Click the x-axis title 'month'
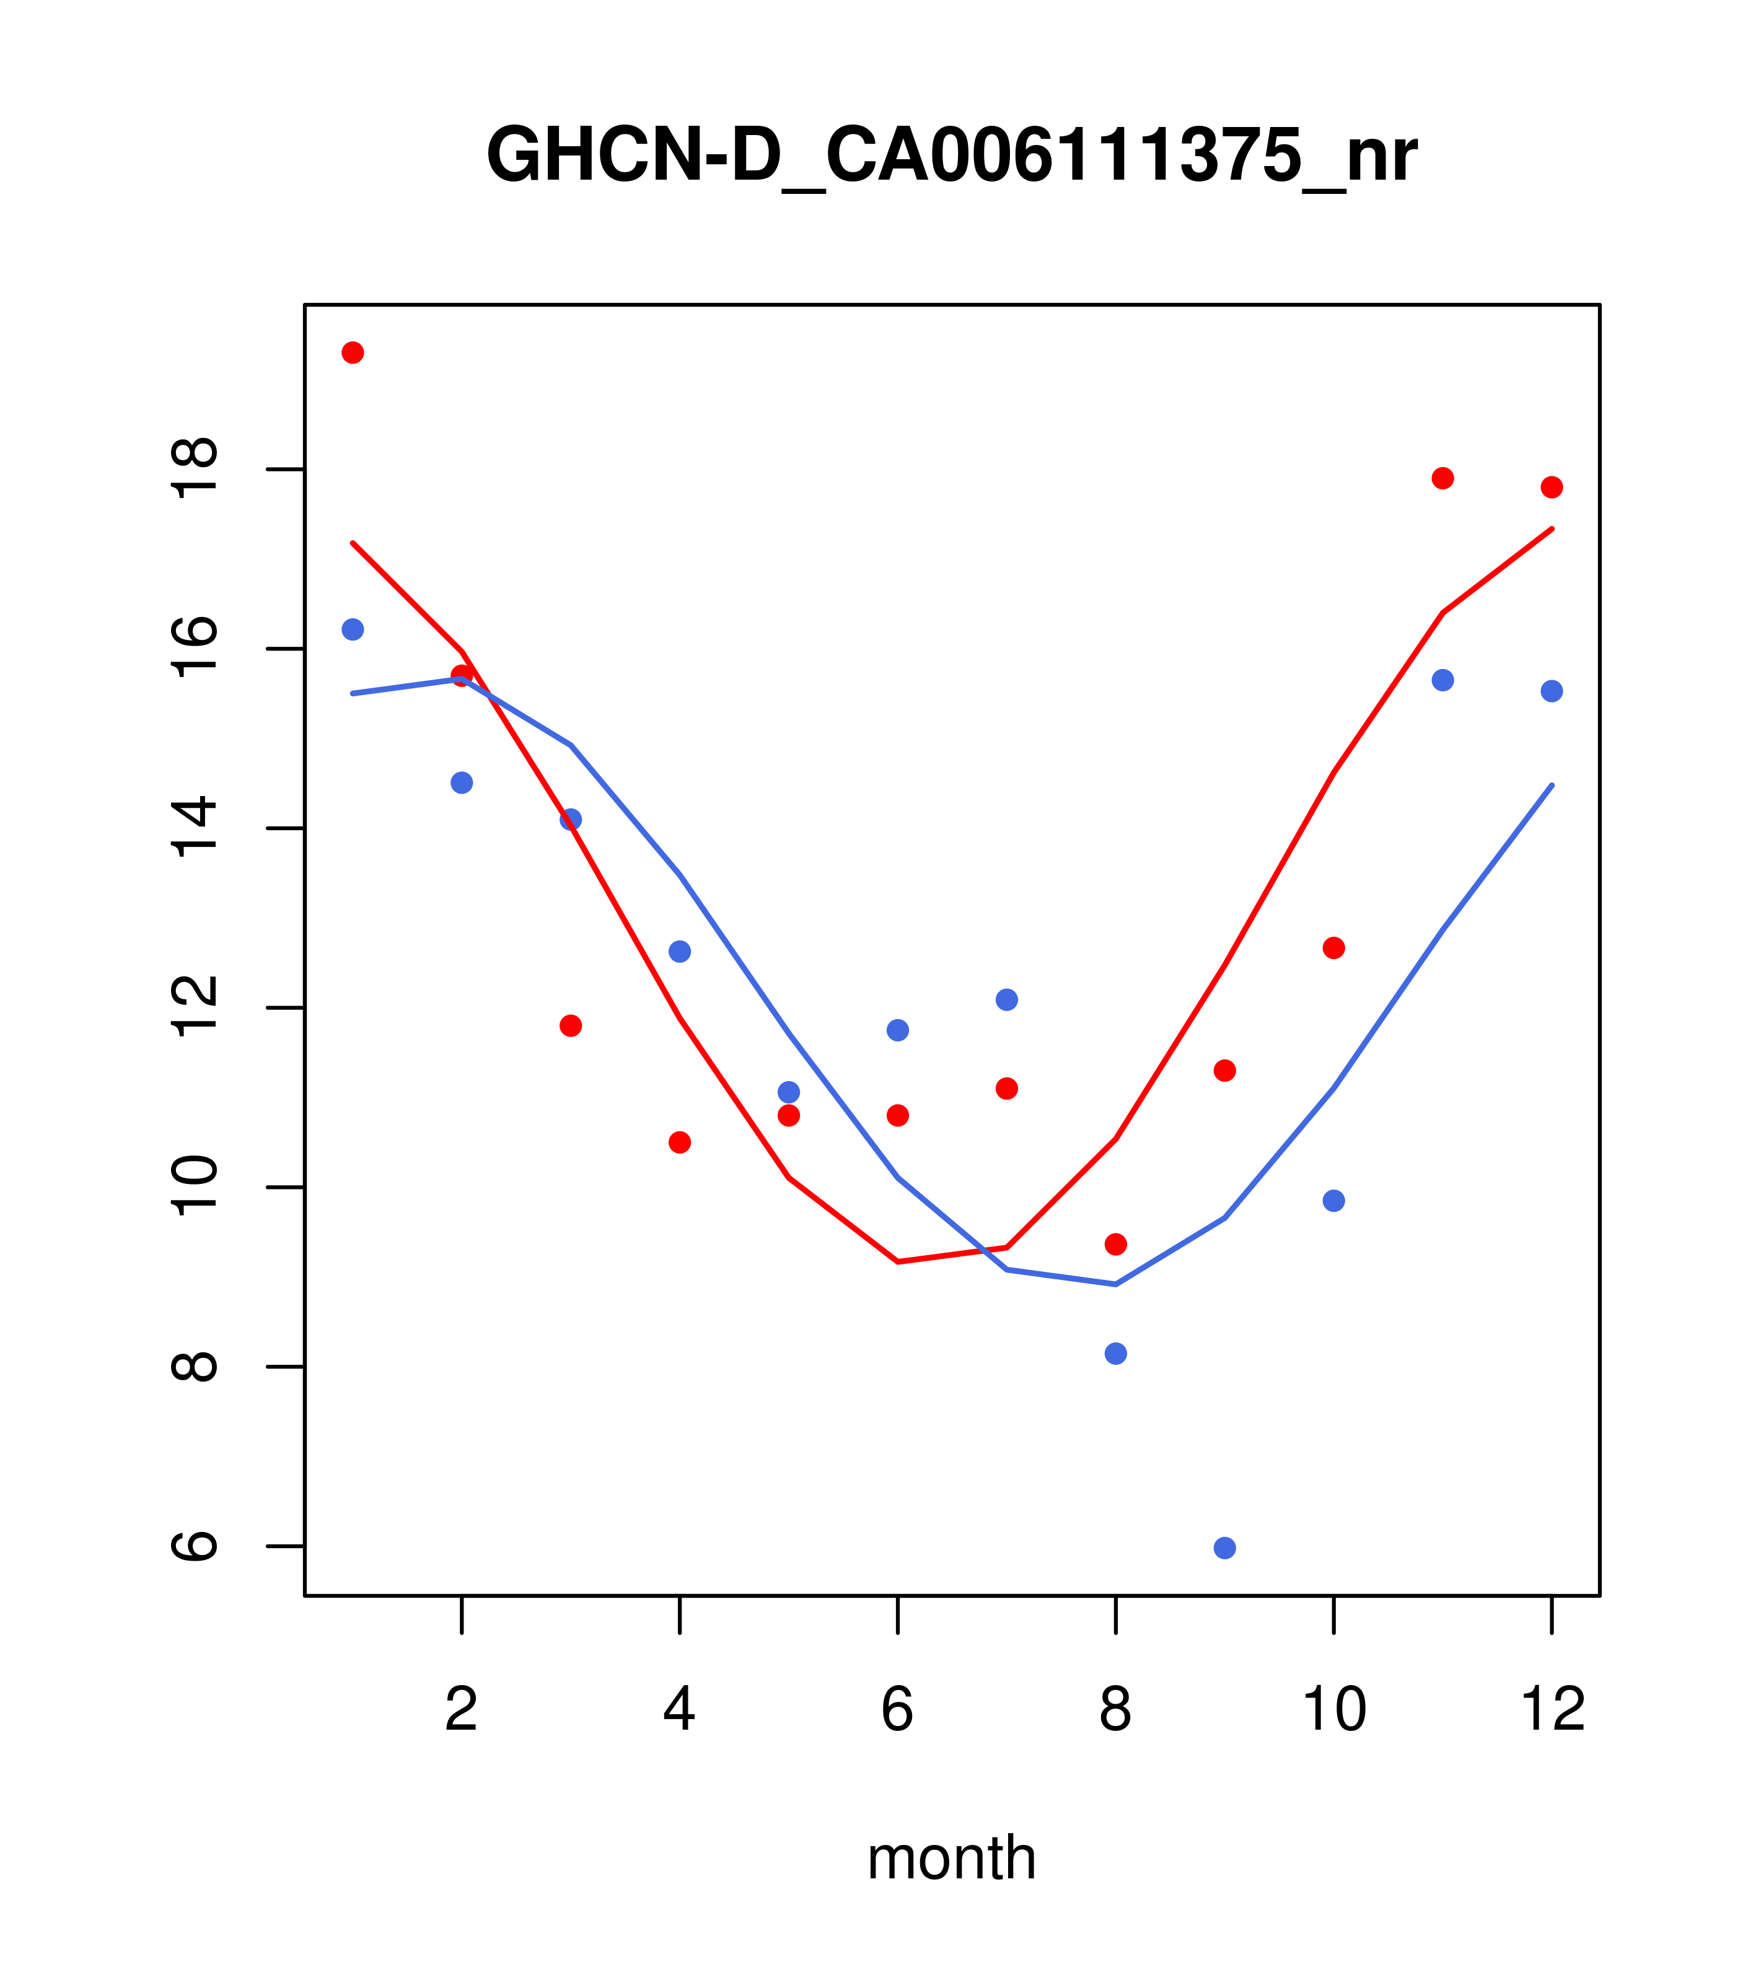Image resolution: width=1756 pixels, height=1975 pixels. coord(951,1857)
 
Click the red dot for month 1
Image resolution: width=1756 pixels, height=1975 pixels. coord(353,353)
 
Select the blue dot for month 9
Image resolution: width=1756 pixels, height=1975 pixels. coord(1224,1548)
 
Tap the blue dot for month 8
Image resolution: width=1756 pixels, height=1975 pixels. coord(1115,1354)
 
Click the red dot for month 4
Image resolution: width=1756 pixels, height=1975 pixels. coord(680,1142)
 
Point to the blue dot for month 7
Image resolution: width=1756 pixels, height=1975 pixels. coord(1007,999)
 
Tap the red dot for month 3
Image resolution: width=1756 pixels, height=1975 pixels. coord(571,1025)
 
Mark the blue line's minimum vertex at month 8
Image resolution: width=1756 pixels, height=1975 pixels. coord(1115,1284)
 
